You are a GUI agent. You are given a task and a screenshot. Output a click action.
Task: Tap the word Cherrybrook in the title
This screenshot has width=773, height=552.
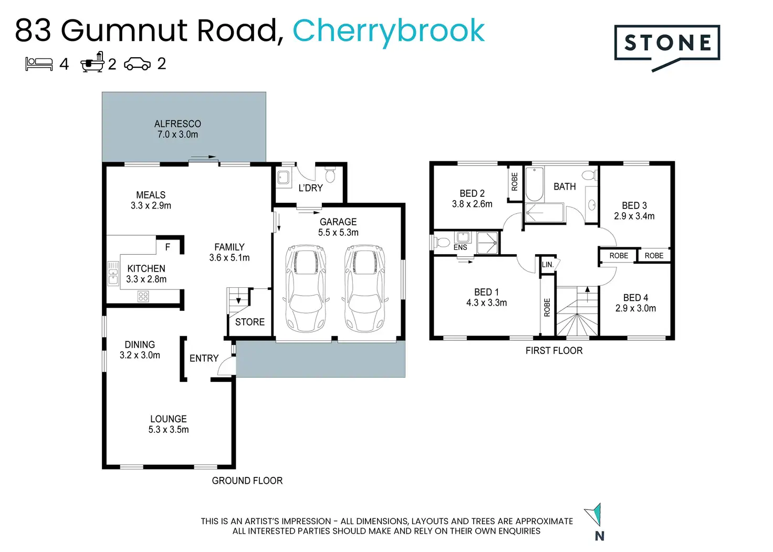388,31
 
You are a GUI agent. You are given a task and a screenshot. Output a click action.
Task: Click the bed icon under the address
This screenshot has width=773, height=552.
39,64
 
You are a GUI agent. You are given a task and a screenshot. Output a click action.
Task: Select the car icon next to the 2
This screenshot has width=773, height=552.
137,64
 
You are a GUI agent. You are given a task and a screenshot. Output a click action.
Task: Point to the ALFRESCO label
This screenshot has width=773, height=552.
177,124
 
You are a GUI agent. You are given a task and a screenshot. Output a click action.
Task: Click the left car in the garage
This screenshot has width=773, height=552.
306,288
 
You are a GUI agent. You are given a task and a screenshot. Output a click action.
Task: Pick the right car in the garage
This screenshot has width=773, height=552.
364,288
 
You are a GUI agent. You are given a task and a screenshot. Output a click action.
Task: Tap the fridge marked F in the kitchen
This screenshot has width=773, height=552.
168,246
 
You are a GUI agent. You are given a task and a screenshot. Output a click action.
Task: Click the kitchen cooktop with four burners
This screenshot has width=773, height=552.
143,296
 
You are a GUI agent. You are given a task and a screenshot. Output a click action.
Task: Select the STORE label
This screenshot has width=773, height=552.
250,322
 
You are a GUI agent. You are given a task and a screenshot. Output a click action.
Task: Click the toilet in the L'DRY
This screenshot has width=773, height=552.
330,174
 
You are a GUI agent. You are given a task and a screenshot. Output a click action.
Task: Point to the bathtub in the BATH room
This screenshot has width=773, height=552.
534,184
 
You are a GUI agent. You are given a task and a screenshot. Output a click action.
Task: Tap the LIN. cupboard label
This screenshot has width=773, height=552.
548,265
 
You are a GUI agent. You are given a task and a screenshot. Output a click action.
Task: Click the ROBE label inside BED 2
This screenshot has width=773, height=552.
515,182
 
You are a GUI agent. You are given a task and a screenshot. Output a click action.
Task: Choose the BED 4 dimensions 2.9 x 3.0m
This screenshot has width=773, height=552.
635,308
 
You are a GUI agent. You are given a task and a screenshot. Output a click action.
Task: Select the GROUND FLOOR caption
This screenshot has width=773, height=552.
247,481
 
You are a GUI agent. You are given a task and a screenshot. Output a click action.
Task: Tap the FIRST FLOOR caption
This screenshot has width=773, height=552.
554,350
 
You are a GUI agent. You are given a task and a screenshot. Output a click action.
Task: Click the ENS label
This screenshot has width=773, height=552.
460,247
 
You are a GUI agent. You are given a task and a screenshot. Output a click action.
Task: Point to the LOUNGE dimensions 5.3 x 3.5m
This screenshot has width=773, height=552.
169,430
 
